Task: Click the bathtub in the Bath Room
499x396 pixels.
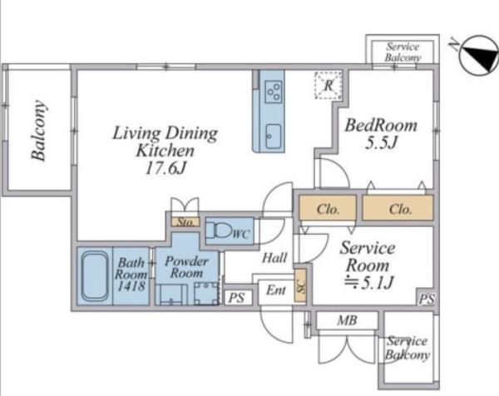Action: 95,275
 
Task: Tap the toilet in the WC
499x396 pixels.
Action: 219,230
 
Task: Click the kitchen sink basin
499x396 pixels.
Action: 274,136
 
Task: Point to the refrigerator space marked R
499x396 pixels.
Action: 329,86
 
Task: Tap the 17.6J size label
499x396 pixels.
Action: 166,168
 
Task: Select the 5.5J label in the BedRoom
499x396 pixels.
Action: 381,142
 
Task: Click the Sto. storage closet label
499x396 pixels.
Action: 185,222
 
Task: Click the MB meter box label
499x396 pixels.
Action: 347,320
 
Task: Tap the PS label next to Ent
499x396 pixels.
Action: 237,298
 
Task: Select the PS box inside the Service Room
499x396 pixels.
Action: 427,299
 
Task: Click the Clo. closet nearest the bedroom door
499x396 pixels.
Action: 328,208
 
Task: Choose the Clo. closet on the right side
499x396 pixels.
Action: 398,208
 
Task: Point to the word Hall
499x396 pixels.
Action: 274,258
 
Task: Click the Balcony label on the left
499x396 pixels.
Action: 39,131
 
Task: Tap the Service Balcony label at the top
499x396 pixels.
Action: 403,52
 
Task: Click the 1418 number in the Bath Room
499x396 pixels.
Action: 131,286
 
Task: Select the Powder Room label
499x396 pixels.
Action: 187,267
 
